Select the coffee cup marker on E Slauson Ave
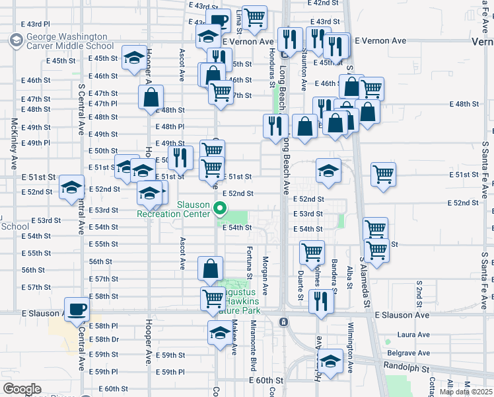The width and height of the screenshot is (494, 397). click(x=77, y=309)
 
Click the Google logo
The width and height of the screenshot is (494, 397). click(x=22, y=389)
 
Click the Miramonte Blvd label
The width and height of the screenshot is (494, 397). click(x=254, y=346)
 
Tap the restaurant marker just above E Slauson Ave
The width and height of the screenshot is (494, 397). click(x=322, y=301)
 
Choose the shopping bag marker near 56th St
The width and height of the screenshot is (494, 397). click(x=211, y=269)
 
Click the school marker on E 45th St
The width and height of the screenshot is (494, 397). click(x=135, y=56)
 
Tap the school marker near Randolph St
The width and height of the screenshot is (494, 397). click(x=331, y=361)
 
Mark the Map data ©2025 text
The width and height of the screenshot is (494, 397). click(x=465, y=392)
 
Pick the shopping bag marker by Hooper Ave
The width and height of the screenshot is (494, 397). click(x=151, y=97)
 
